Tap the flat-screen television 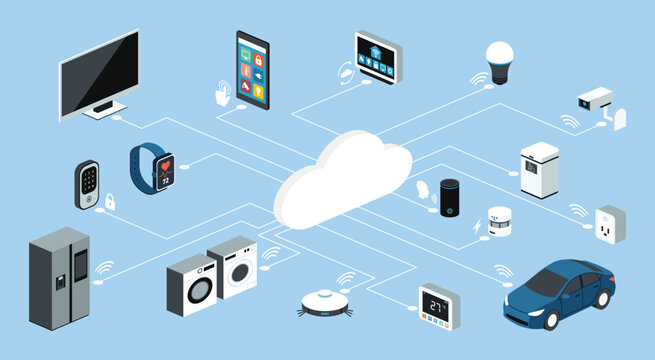(x=98, y=75)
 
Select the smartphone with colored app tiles (x=252, y=69)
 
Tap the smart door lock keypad (x=87, y=184)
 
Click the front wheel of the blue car (x=550, y=319)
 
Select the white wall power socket (x=609, y=229)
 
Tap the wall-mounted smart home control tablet (x=377, y=57)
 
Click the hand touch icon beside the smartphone (x=221, y=94)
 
